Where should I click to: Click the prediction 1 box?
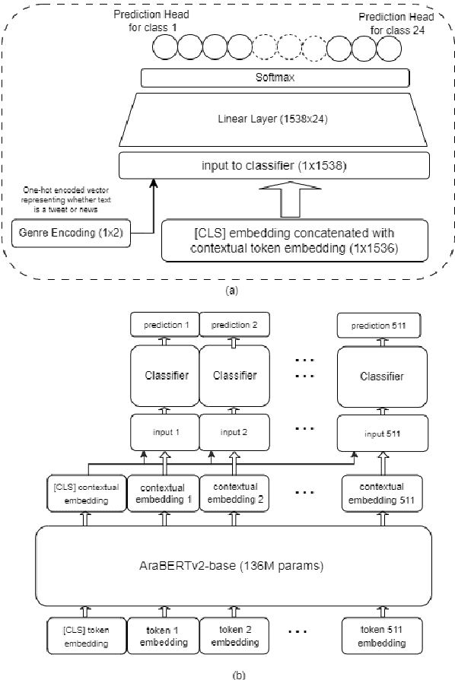click(164, 325)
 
